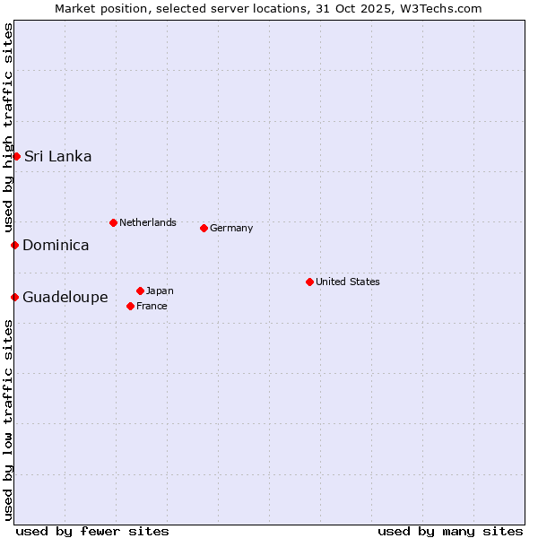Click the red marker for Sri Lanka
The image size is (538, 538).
click(x=16, y=156)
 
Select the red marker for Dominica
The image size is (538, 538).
click(x=14, y=245)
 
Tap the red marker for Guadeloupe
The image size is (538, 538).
click(x=14, y=297)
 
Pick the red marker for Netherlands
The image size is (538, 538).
click(x=113, y=222)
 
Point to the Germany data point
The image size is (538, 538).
click(x=204, y=228)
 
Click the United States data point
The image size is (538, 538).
click(x=309, y=282)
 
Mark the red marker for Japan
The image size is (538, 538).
click(x=140, y=291)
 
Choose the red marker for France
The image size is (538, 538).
click(x=130, y=306)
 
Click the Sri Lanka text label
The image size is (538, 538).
click(x=58, y=156)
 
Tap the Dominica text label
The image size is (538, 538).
click(x=56, y=245)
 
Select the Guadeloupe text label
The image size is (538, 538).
click(x=65, y=297)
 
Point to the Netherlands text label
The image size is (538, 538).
click(x=148, y=222)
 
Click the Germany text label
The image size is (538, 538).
click(x=231, y=228)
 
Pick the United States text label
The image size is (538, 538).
click(x=348, y=282)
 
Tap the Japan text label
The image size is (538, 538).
click(x=160, y=291)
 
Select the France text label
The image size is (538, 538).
click(x=152, y=306)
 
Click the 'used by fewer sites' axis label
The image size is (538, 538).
click(x=92, y=531)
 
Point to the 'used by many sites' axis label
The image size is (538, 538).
click(x=450, y=531)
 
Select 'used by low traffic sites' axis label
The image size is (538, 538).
click(x=8, y=420)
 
